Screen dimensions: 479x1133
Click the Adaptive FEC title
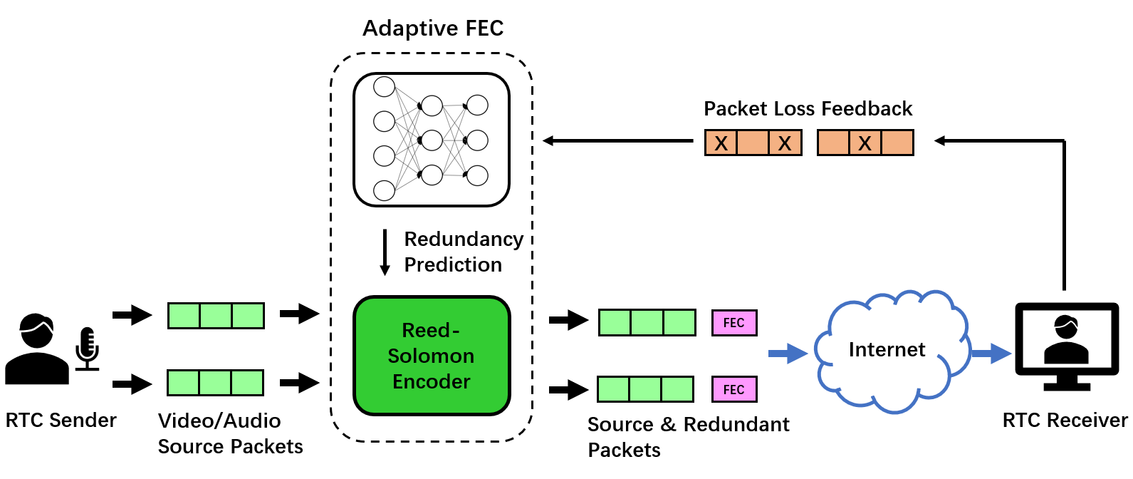point(433,29)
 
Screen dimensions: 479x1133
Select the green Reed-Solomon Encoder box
point(432,356)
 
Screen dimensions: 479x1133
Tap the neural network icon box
point(432,140)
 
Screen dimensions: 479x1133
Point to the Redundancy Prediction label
point(463,252)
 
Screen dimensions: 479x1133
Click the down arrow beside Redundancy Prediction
point(385,252)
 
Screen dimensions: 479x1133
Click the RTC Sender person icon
point(36,349)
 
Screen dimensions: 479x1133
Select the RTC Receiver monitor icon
point(1066,346)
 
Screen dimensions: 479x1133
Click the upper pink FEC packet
point(734,323)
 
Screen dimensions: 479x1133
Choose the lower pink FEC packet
point(734,389)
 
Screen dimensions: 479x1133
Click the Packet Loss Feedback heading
point(808,109)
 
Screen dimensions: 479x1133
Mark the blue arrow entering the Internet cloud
point(788,353)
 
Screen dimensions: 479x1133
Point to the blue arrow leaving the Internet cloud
point(991,353)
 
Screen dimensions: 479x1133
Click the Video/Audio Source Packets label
point(230,433)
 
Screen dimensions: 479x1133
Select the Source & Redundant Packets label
point(688,437)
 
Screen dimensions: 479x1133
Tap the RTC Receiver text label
point(1065,421)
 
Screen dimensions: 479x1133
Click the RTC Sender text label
point(61,421)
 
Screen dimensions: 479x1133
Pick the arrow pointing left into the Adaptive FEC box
point(617,141)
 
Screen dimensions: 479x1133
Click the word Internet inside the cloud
point(887,350)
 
